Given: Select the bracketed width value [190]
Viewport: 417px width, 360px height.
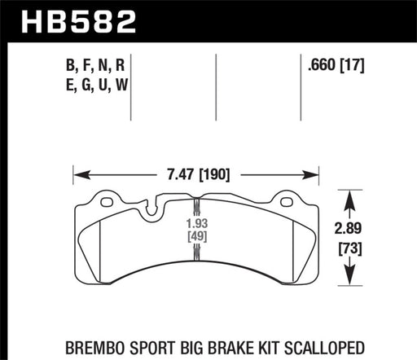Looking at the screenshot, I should tap(214, 173).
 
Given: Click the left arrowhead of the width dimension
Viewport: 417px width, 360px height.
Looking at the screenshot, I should tap(78, 173).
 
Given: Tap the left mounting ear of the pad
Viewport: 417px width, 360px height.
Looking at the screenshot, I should tap(105, 200).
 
